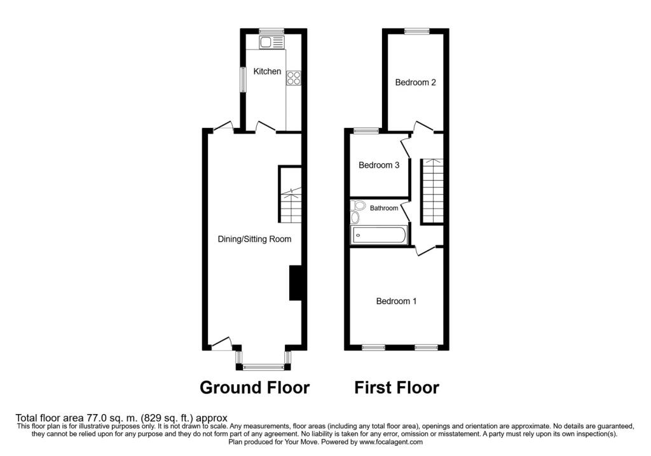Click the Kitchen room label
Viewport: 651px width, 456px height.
point(267,71)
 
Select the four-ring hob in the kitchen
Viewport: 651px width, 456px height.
point(294,78)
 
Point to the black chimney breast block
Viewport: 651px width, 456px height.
point(296,282)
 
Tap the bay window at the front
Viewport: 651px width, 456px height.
point(263,366)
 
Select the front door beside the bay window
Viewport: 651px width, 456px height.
point(221,345)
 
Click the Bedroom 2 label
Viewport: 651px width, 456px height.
point(415,82)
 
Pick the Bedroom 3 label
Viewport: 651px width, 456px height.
point(379,165)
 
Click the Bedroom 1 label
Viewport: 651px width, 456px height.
point(396,301)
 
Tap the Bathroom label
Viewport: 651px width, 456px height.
point(384,208)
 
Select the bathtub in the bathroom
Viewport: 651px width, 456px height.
point(379,235)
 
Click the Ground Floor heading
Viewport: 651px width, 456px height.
point(254,387)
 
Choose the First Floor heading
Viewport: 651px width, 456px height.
point(396,387)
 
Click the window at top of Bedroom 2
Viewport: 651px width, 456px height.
point(416,30)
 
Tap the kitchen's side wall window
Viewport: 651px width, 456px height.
point(242,79)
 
